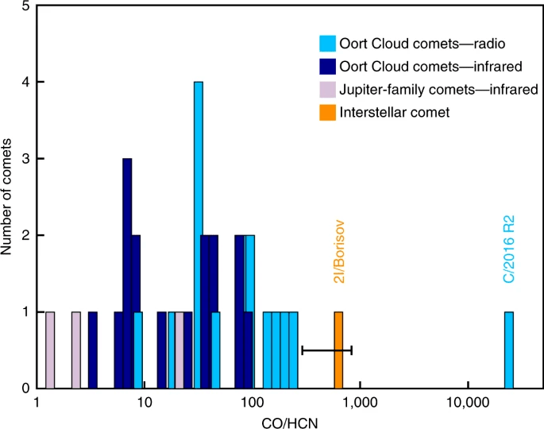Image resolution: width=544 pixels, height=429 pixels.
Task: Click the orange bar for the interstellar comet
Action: tap(338, 350)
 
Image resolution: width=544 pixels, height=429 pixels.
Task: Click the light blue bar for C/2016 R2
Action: tap(509, 350)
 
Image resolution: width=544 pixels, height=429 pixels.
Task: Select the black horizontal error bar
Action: tap(326, 350)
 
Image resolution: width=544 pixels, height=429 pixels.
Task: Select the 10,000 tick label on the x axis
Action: tap(468, 402)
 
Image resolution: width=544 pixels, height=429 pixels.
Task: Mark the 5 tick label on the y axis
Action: tap(27, 6)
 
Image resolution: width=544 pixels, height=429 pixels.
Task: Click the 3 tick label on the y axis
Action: tap(27, 159)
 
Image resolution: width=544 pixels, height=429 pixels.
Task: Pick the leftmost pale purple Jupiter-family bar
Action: tap(50, 350)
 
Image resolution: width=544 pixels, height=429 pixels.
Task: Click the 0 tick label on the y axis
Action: tap(27, 388)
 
